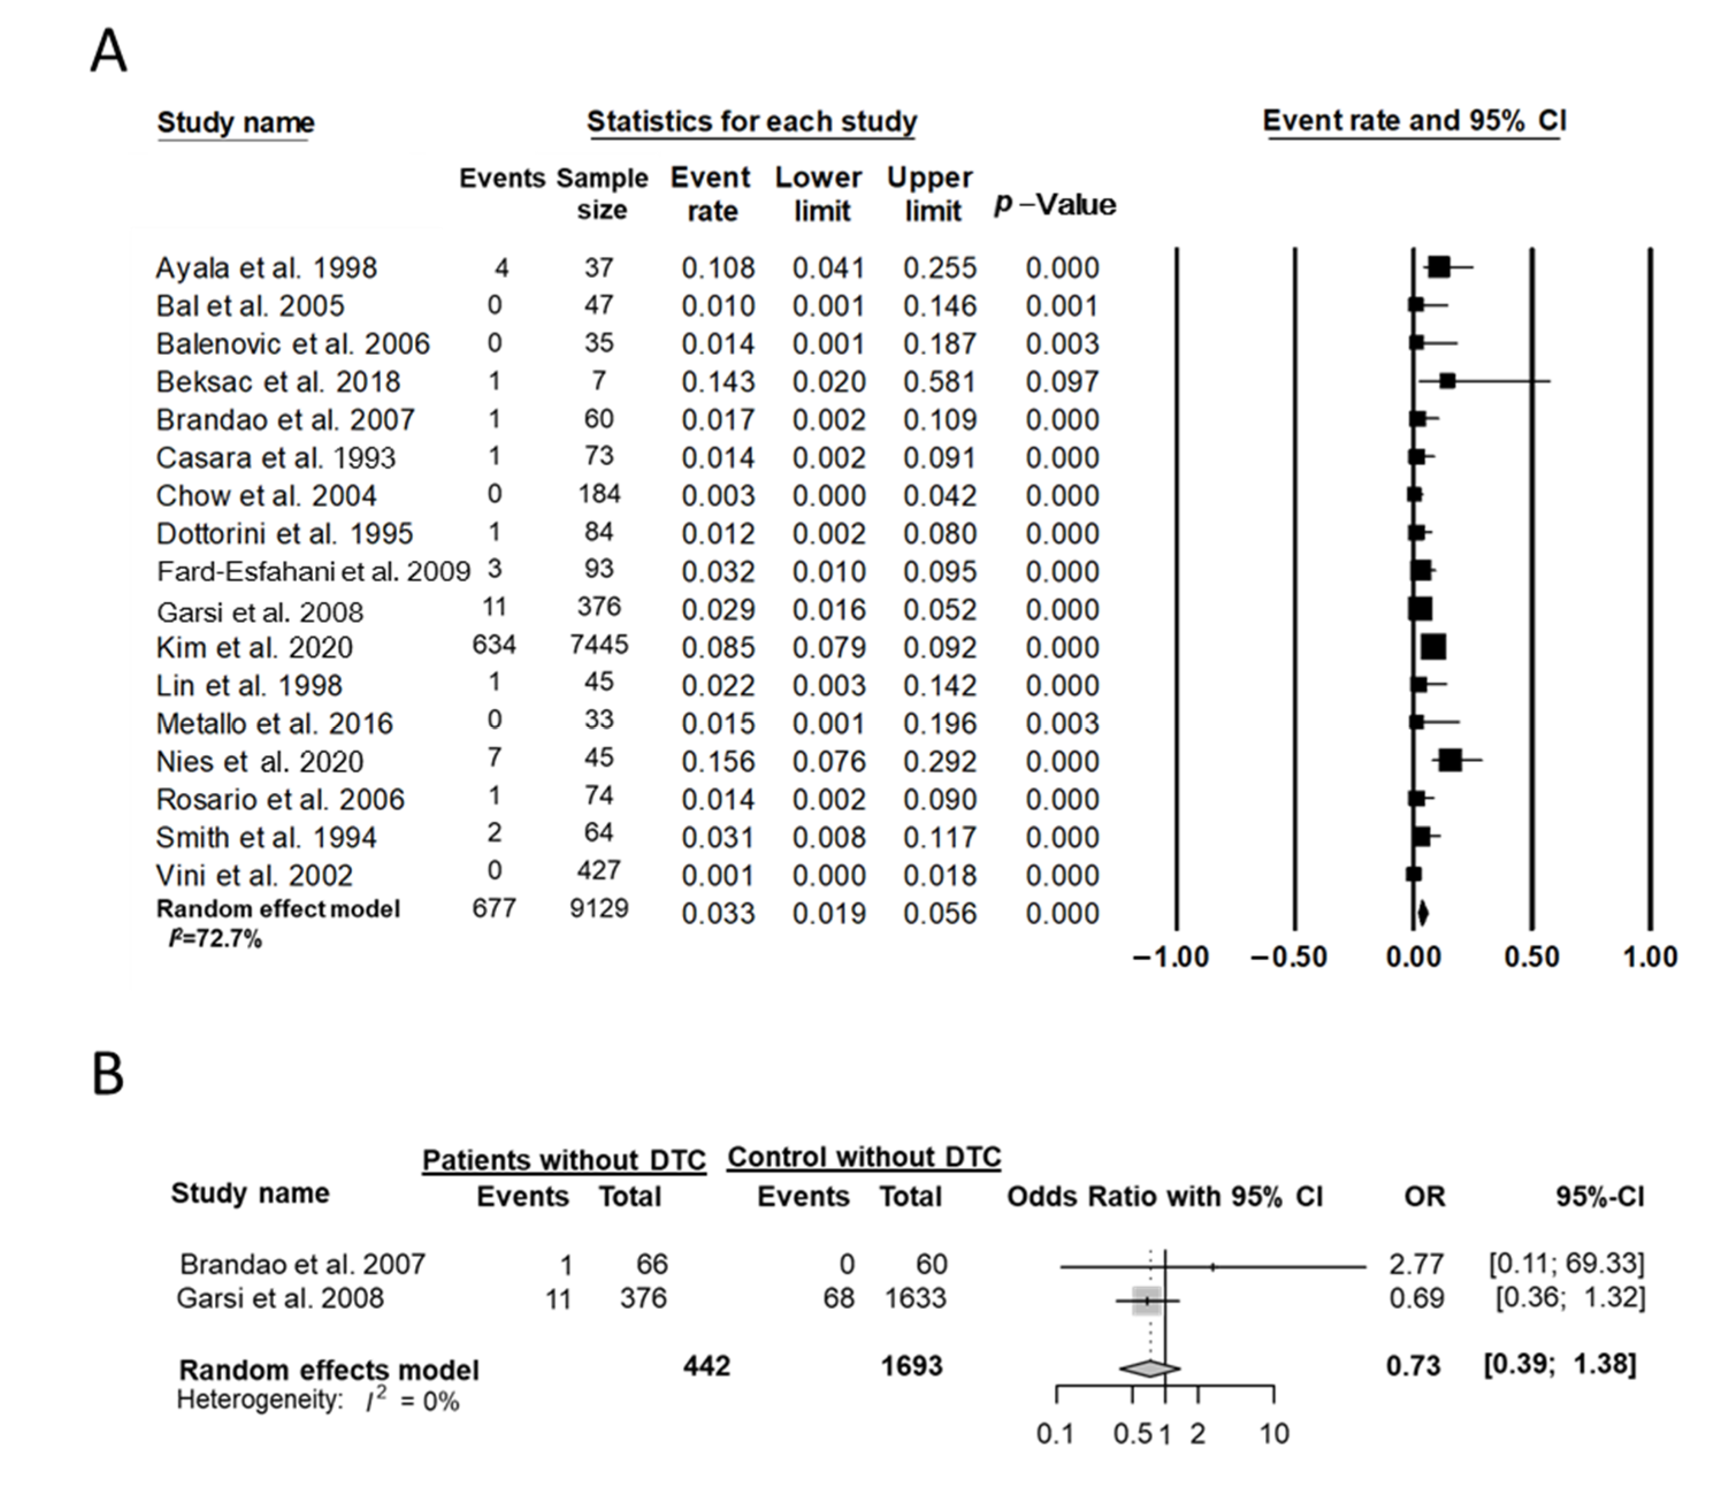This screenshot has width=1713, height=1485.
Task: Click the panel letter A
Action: point(109,51)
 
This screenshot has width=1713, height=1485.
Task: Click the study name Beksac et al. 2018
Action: point(278,382)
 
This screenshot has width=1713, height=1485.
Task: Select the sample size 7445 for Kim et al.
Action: point(599,645)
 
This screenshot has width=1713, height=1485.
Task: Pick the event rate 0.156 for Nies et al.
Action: point(718,761)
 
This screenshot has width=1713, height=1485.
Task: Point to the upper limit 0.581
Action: point(940,382)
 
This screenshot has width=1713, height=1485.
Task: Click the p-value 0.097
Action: point(1062,382)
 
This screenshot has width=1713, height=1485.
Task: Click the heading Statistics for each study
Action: point(752,122)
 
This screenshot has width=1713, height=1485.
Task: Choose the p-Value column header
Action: point(1055,205)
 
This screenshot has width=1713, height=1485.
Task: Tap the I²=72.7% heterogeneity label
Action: point(216,939)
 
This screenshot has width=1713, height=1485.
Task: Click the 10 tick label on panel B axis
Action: point(1274,1434)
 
